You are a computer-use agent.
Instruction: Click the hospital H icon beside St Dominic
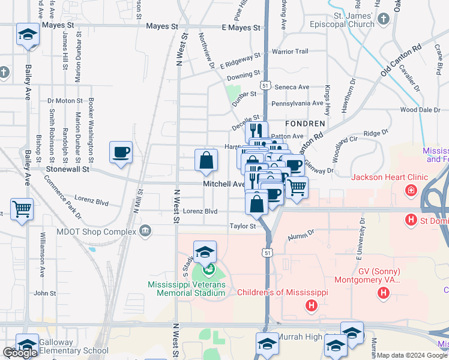point(411,220)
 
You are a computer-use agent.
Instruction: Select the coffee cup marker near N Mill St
point(121,152)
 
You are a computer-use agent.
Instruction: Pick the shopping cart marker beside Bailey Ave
point(22,209)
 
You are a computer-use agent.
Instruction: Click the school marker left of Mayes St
point(27,34)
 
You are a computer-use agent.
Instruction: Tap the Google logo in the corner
point(20,353)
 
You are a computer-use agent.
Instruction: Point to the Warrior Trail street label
point(290,52)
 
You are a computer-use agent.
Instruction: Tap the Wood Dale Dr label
point(420,110)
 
